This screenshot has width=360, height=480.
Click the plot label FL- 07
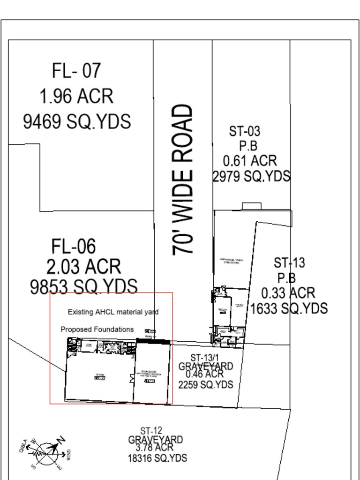click(76, 71)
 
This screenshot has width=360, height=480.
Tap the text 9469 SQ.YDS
click(77, 121)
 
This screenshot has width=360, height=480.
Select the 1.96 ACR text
click(76, 97)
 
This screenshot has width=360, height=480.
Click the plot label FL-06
click(74, 246)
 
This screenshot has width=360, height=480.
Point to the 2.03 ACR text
click(83, 267)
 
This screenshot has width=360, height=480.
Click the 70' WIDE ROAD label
click(183, 180)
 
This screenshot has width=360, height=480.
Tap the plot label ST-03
click(244, 131)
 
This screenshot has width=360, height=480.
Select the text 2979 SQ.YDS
click(251, 176)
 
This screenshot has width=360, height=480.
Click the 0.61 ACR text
click(250, 161)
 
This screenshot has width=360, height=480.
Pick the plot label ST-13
click(289, 262)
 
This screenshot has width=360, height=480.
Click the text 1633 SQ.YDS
click(289, 308)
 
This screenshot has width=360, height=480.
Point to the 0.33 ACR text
click(288, 293)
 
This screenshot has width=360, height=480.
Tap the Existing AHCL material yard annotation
click(113, 312)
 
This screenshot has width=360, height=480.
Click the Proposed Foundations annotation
click(97, 329)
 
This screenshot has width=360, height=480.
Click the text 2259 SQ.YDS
click(205, 384)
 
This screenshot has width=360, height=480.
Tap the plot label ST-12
click(151, 430)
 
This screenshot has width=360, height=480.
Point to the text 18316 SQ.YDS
click(157, 457)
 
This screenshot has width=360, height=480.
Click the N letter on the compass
click(61, 440)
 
